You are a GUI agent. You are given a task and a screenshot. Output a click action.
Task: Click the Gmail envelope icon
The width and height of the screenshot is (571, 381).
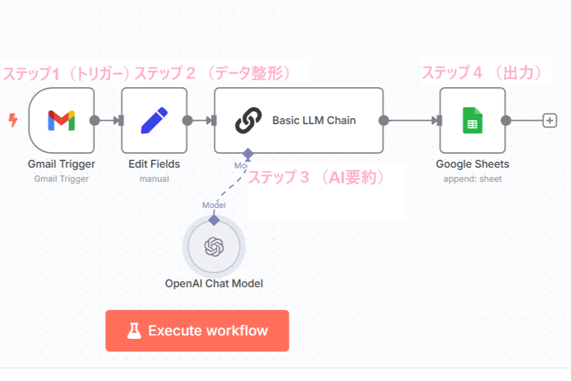pos(61,120)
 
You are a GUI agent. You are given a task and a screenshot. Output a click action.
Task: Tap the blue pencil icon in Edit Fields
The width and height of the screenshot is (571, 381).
pos(154,120)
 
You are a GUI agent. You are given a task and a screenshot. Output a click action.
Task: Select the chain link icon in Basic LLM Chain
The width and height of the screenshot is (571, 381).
pos(248,120)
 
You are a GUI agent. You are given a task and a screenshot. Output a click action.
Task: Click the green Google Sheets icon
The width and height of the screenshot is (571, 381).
pos(472,120)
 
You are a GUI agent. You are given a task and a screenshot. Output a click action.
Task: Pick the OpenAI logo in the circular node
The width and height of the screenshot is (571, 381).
pos(214,247)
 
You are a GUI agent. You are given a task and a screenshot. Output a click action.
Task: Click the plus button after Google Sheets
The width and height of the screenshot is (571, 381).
pos(550,120)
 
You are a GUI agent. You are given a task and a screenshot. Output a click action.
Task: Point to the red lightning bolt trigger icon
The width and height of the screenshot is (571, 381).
pos(12,120)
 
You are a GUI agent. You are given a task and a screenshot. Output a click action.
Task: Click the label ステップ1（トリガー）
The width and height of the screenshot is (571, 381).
pos(66,74)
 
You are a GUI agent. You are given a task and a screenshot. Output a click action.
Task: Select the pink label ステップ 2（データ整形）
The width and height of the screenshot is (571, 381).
pos(212,74)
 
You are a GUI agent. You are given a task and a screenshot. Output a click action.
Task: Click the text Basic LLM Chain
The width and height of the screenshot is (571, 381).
pos(314,120)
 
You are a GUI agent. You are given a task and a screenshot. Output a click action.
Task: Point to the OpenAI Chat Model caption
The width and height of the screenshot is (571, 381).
pos(214,283)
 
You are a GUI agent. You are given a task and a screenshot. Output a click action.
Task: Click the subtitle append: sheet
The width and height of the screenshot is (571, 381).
pos(473,179)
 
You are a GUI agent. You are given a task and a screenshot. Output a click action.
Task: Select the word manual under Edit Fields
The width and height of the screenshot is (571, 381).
pos(154,179)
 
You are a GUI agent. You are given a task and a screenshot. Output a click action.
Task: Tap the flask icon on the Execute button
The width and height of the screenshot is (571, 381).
pos(133,331)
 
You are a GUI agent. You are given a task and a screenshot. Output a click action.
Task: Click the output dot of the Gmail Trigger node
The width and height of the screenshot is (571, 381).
pos(94,120)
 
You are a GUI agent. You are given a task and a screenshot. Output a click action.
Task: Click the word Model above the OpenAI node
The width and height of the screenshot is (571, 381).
pos(214,205)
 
